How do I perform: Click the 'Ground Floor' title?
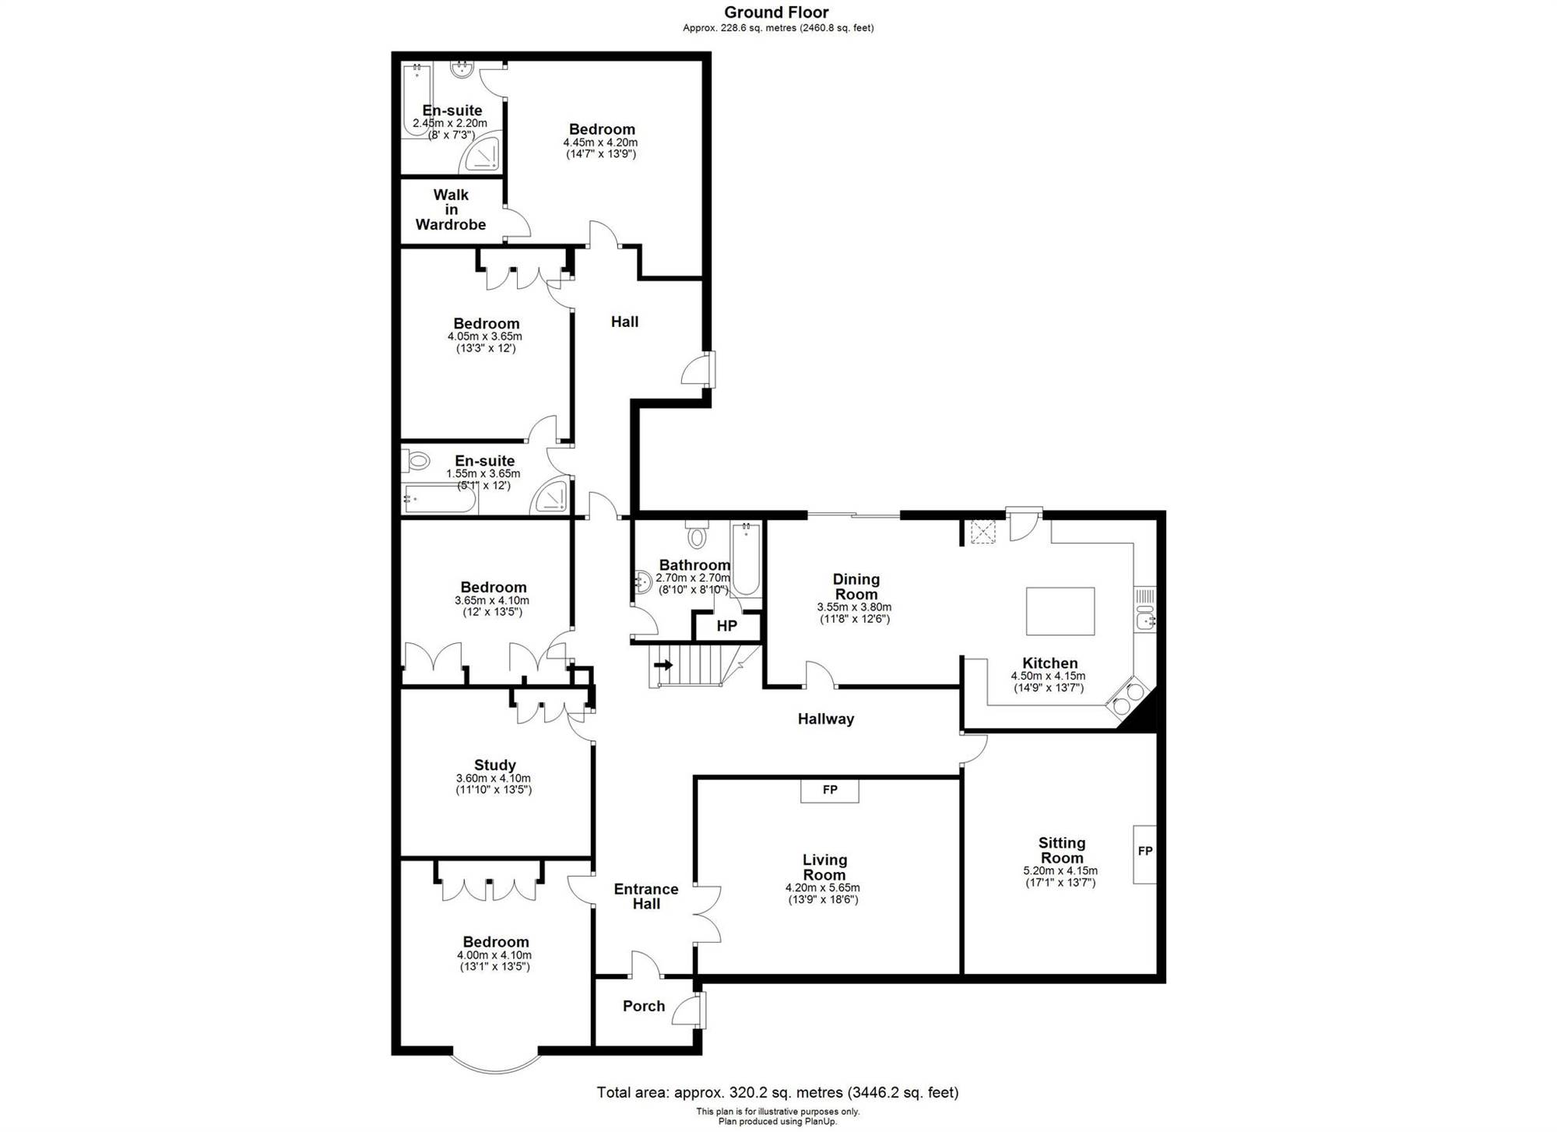[776, 12]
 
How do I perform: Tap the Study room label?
[494, 765]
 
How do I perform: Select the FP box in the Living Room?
[830, 790]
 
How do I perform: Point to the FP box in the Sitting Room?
[1144, 854]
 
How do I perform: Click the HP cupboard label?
[726, 626]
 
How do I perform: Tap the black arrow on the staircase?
[663, 665]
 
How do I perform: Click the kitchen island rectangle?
[1060, 611]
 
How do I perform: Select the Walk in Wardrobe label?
[451, 209]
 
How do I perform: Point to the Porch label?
[644, 1006]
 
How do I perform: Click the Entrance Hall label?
[646, 896]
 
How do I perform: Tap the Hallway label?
[826, 719]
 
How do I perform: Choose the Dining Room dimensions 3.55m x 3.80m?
[854, 607]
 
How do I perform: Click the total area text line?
[778, 1092]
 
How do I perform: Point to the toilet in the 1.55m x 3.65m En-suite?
[416, 461]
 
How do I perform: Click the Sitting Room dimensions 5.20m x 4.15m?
[1060, 871]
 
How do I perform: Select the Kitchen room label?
[1049, 663]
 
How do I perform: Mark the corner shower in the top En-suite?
[481, 155]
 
